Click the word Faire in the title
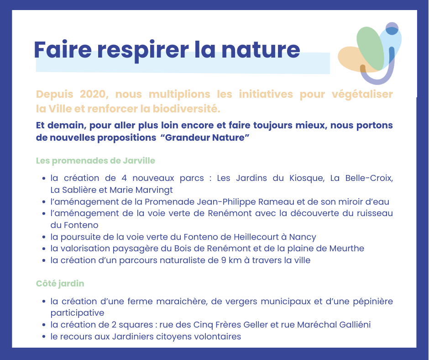[x=63, y=50]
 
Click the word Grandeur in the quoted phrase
[x=187, y=137]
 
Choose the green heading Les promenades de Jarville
[x=95, y=160]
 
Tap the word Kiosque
[x=307, y=178]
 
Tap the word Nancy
[x=303, y=237]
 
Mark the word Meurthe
[x=347, y=249]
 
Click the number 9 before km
[x=224, y=260]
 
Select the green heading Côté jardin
[x=60, y=284]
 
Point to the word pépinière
[x=373, y=302]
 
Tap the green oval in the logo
[x=370, y=48]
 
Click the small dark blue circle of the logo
[x=392, y=28]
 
